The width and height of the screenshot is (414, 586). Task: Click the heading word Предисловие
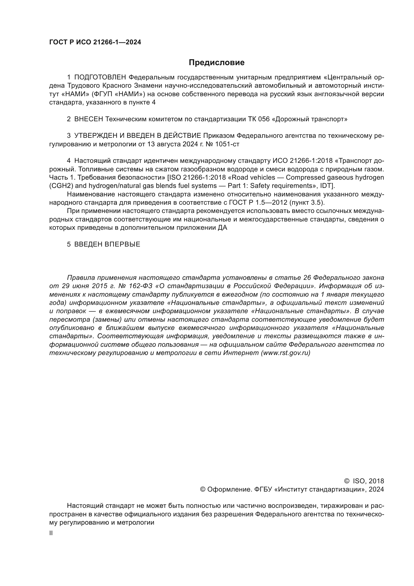pyautogui.click(x=217, y=63)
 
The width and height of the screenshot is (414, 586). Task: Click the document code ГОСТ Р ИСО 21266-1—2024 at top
pyautogui.click(x=95, y=42)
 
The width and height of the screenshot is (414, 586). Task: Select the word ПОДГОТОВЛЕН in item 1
pyautogui.click(x=100, y=77)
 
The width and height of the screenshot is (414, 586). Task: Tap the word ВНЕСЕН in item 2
pyautogui.click(x=88, y=119)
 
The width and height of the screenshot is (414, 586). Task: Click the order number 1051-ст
pyautogui.click(x=227, y=144)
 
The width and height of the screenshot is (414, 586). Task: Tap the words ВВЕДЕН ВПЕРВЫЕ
pyautogui.click(x=107, y=245)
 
